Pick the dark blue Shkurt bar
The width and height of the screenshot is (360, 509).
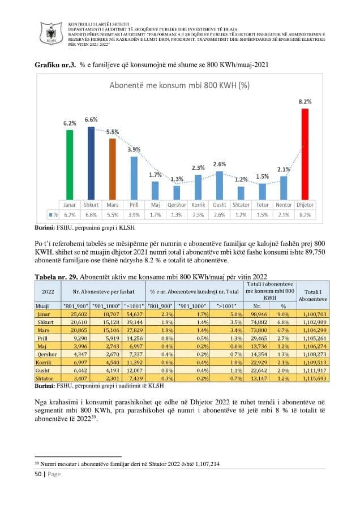tap(91, 163)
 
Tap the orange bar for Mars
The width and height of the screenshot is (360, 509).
tap(113, 169)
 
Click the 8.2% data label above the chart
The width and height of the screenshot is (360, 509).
tap(305, 101)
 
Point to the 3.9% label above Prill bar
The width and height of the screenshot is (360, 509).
tap(134, 149)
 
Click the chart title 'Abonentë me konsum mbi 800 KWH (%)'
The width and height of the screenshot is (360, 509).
tap(179, 85)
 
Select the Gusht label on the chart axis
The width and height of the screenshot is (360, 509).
tap(220, 205)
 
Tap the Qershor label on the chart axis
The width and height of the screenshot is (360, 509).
tap(177, 205)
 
